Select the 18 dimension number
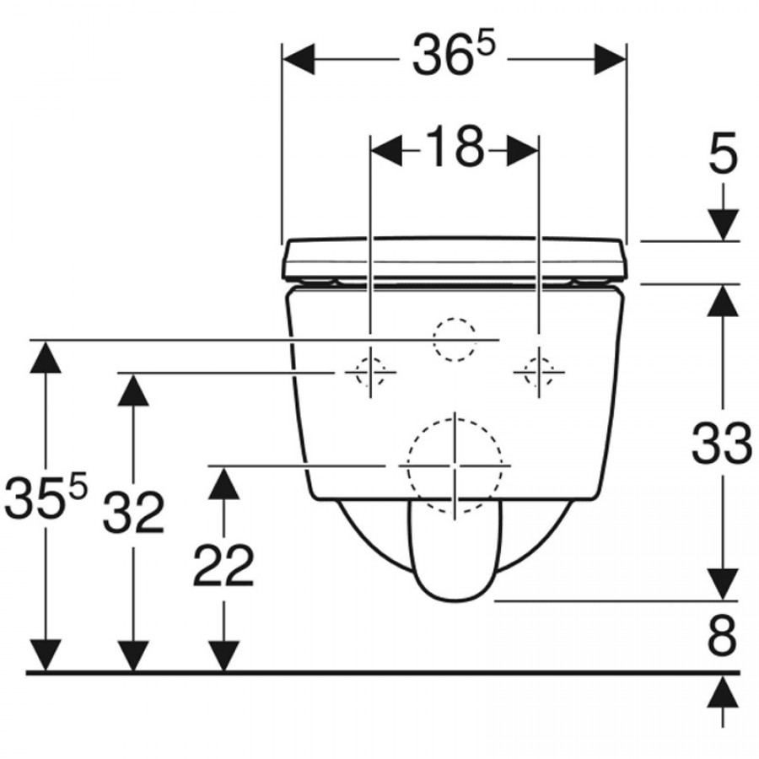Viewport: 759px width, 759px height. pos(454,147)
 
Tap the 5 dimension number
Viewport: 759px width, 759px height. pos(724,153)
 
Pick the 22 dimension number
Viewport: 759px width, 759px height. pos(223,565)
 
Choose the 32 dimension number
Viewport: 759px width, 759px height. pos(133,512)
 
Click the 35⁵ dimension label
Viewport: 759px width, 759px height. pos(46,495)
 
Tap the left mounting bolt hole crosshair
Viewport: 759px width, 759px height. pos(370,372)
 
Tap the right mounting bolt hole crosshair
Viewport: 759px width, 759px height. pos(539,372)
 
